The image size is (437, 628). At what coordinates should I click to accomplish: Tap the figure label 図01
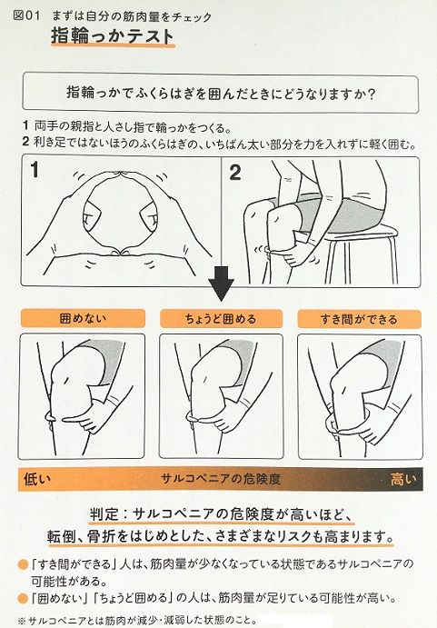pyautogui.click(x=21, y=12)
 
